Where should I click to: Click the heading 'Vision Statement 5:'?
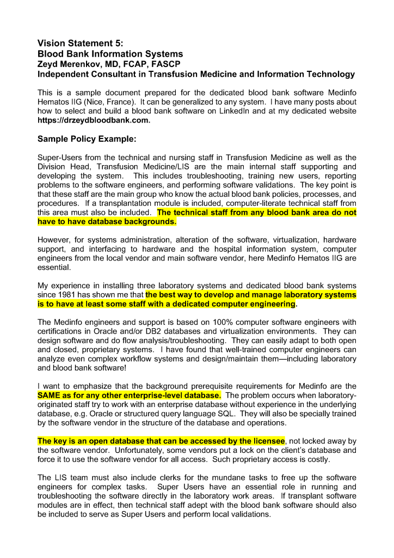pos(80,43)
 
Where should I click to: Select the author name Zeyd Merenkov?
pos(68,64)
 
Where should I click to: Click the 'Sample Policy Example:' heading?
pos(87,139)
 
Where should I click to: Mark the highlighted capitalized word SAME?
pos(50,395)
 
